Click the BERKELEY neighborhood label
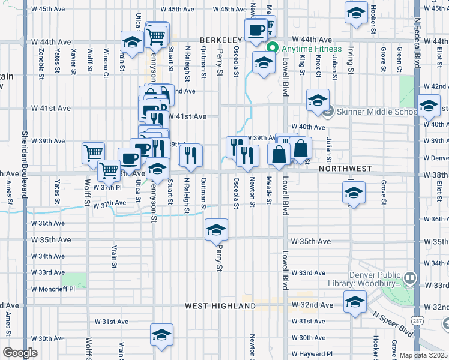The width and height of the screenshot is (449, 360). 220,38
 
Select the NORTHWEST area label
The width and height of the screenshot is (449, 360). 345,169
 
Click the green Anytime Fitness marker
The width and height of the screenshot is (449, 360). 273,49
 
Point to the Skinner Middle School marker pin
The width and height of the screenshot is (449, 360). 328,112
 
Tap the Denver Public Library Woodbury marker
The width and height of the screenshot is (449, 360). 410,278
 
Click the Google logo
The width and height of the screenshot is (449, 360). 20,353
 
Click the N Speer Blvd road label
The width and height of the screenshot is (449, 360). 392,323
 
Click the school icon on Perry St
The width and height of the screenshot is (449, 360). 217,229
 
